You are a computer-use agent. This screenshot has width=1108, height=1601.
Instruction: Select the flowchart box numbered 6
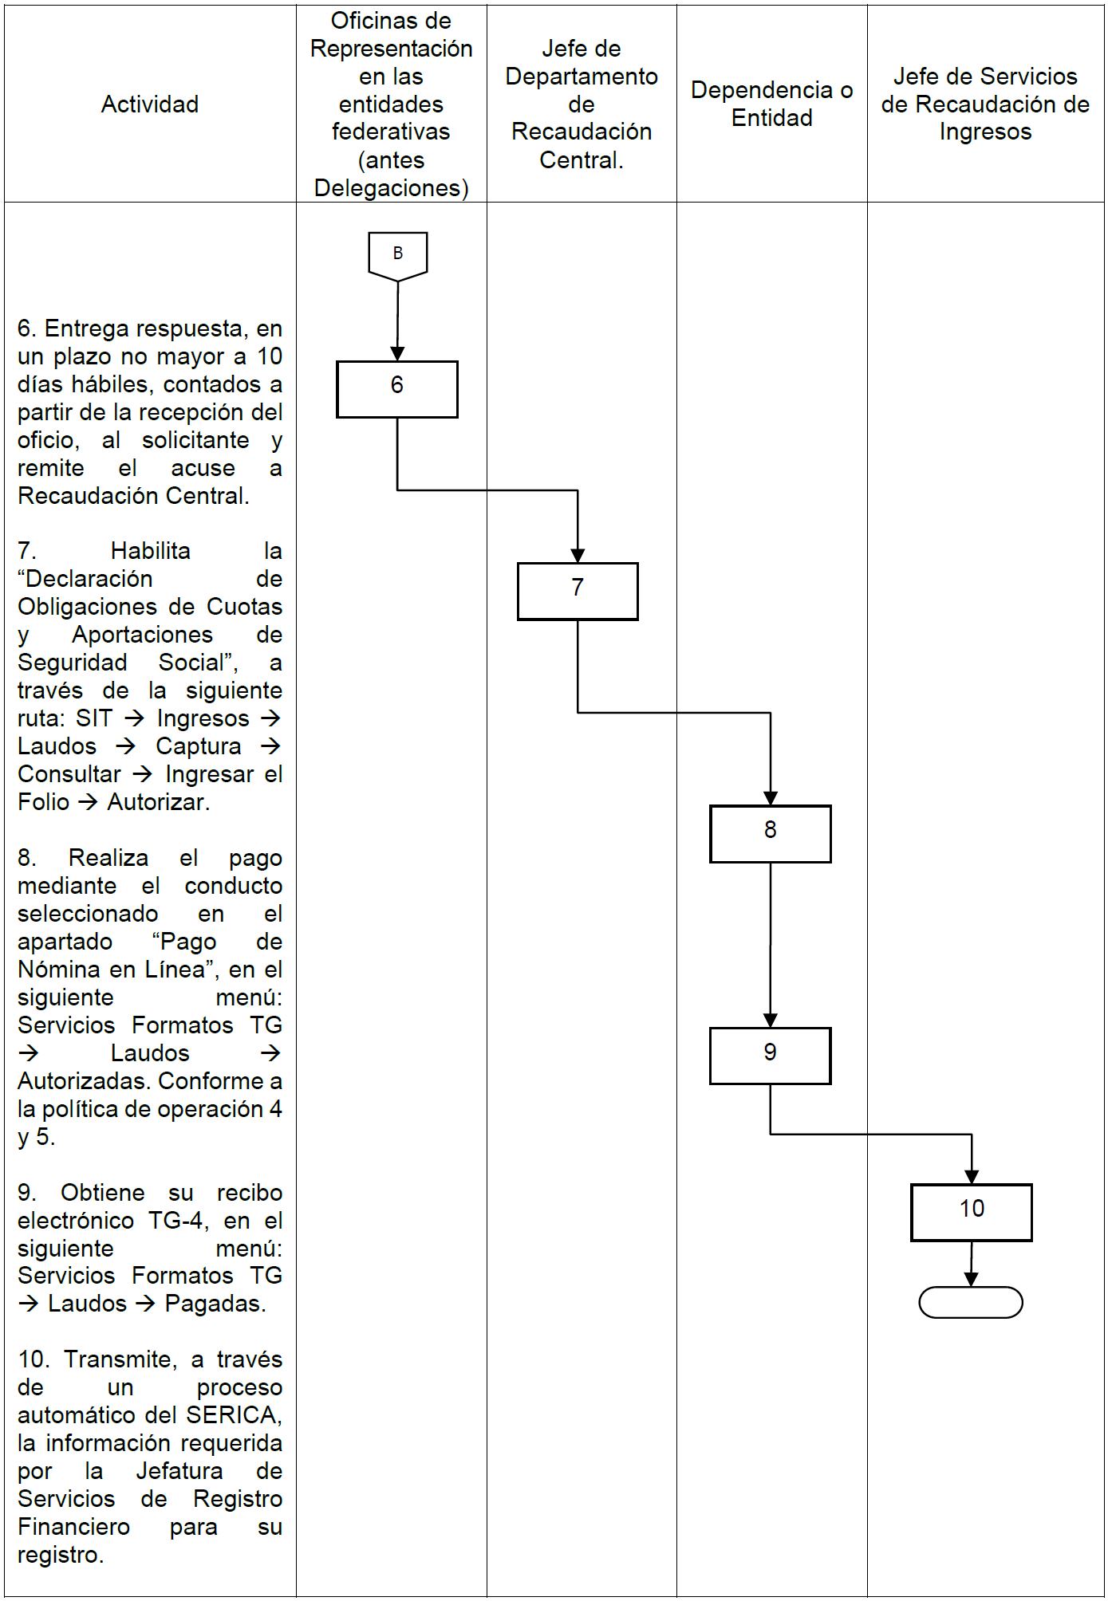(397, 389)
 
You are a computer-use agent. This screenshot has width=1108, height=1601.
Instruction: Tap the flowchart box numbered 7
(578, 591)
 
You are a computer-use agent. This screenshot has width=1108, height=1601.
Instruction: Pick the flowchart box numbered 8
(770, 833)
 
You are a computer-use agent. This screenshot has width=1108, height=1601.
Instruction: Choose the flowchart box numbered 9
(770, 1056)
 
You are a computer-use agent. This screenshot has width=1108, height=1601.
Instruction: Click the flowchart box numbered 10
(971, 1212)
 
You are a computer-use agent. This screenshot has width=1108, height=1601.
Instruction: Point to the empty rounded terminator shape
(971, 1302)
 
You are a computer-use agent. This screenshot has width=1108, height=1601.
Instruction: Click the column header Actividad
(150, 104)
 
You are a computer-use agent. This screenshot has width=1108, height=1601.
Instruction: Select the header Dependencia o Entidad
(771, 104)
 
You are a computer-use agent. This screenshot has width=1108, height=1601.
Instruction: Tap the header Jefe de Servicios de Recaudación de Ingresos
(985, 104)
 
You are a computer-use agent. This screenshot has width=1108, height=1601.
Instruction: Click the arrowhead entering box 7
(578, 556)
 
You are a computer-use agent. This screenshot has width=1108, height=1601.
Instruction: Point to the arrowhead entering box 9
(770, 1020)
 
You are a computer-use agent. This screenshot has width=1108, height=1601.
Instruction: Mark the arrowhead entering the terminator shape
(971, 1279)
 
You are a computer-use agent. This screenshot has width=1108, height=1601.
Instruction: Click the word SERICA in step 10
(232, 1415)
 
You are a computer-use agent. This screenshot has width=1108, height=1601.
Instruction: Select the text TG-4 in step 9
(178, 1221)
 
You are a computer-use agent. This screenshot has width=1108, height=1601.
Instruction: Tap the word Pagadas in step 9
(214, 1304)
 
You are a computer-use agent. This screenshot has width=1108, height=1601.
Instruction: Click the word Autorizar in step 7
(157, 802)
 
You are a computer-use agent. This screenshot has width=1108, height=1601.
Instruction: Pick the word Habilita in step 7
(150, 551)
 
